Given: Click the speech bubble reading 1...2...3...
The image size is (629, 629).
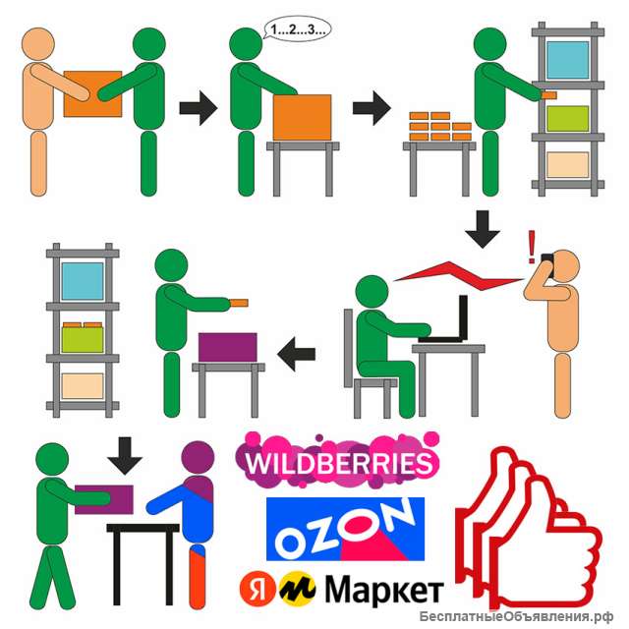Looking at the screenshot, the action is coord(297,29).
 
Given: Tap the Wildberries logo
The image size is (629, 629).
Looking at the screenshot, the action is coord(338,461).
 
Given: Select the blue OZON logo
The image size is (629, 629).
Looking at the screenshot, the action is coord(345,529).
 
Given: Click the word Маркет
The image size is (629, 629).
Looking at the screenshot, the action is coord(384,590).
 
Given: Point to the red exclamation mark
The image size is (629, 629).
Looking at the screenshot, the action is coord(532,247).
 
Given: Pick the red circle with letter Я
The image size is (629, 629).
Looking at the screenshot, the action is coord(257,590).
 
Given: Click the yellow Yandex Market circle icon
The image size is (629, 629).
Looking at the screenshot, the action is coord(297,589).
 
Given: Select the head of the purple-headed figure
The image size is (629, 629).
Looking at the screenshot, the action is coord(198,458).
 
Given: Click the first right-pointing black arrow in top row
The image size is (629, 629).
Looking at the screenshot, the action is coord(199,108).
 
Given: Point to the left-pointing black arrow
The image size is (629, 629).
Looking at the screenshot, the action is coord(297,354).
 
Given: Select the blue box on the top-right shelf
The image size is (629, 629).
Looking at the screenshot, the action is coord(568,60).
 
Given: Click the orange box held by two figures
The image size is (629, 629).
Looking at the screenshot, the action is coord(92,94).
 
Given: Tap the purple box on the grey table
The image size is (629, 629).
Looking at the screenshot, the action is coord(228,347).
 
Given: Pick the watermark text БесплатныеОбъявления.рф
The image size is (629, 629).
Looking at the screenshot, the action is coord(516,616).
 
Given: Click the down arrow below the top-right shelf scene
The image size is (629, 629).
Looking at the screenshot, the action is coord(483,229).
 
